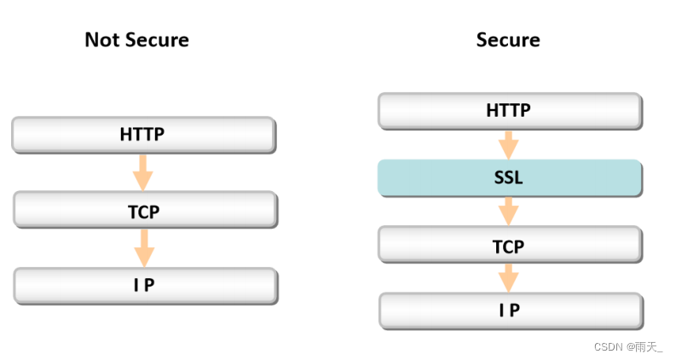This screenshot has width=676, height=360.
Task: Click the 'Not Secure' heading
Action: [x=136, y=40]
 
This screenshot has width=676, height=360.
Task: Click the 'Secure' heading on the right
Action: [x=508, y=40]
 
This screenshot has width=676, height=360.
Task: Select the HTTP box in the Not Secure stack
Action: [x=143, y=135]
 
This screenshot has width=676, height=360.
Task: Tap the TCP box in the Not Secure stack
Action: [x=145, y=210]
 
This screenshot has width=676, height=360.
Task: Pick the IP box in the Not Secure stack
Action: [x=145, y=286]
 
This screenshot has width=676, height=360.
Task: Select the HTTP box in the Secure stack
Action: [x=510, y=111]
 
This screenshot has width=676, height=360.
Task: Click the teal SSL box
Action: [x=510, y=177]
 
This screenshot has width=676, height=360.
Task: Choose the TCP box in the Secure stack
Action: [x=510, y=244]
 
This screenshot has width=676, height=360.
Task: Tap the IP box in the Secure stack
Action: [x=511, y=311]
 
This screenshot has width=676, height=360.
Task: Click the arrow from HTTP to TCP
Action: [x=142, y=172]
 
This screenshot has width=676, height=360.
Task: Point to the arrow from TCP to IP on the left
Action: [x=144, y=248]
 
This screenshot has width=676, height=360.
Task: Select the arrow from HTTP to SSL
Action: [x=508, y=146]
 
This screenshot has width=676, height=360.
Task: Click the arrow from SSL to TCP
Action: [x=508, y=212]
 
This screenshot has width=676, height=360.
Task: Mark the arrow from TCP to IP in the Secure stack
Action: [x=509, y=278]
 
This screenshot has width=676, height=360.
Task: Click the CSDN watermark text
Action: [x=628, y=346]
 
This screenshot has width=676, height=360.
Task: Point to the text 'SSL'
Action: [x=508, y=177]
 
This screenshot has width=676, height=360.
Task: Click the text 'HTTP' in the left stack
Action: [x=142, y=134]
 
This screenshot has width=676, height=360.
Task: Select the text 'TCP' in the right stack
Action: [x=508, y=247]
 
